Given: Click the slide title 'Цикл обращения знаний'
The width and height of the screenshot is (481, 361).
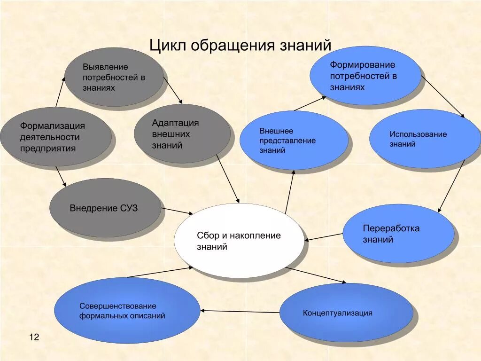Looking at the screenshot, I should click(240, 46).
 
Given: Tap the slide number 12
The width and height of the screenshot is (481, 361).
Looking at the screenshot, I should click(34, 337).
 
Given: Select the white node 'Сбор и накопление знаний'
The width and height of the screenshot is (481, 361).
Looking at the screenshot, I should click(239, 241).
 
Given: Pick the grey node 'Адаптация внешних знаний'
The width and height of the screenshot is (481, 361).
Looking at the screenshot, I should click(182, 134).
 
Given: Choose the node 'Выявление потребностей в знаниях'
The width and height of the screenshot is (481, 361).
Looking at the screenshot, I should click(114, 77).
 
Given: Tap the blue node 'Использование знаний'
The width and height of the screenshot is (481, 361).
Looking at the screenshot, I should click(418, 139).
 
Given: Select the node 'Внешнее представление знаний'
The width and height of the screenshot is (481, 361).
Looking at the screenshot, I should click(294, 141).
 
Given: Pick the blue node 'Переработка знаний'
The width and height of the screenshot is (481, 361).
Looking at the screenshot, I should click(398, 234).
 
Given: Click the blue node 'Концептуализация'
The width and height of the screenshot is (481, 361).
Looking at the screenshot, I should click(346, 313).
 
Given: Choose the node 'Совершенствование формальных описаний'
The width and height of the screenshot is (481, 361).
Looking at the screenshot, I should click(127, 311).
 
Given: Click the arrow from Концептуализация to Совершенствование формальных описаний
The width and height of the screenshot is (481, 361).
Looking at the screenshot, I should click(240, 311).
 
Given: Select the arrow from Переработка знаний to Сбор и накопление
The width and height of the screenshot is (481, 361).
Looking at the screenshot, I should click(324, 237).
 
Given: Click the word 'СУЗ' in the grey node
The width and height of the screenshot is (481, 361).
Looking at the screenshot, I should click(128, 208).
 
